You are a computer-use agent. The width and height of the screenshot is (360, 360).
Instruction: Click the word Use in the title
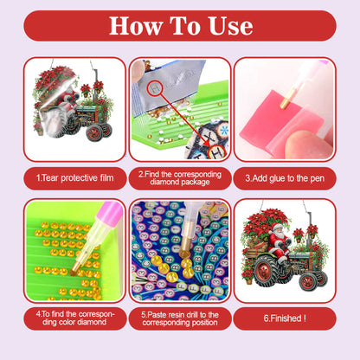[x=228, y=25]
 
